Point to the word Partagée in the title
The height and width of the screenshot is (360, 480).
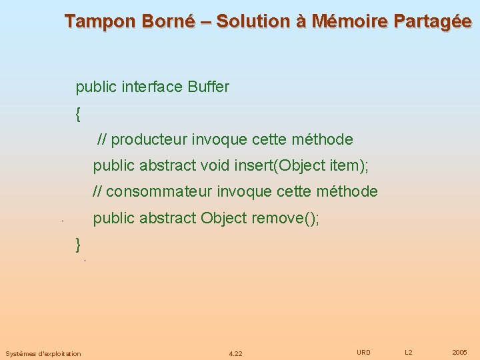pyautogui.click(x=433, y=21)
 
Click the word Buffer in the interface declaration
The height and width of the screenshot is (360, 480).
pyautogui.click(x=209, y=87)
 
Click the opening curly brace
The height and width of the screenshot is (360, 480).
pyautogui.click(x=79, y=114)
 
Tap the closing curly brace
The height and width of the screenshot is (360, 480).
pyautogui.click(x=79, y=244)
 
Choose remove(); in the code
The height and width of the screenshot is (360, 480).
pyautogui.click(x=285, y=218)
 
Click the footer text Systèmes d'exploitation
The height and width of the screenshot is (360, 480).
pyautogui.click(x=43, y=353)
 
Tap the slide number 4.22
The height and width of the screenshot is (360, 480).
pyautogui.click(x=235, y=353)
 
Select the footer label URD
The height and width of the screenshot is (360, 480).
pyautogui.click(x=363, y=352)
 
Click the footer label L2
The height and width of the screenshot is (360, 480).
pyautogui.click(x=409, y=352)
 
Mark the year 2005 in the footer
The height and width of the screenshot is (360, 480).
pyautogui.click(x=459, y=352)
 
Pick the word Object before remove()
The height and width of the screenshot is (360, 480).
pyautogui.click(x=224, y=218)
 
